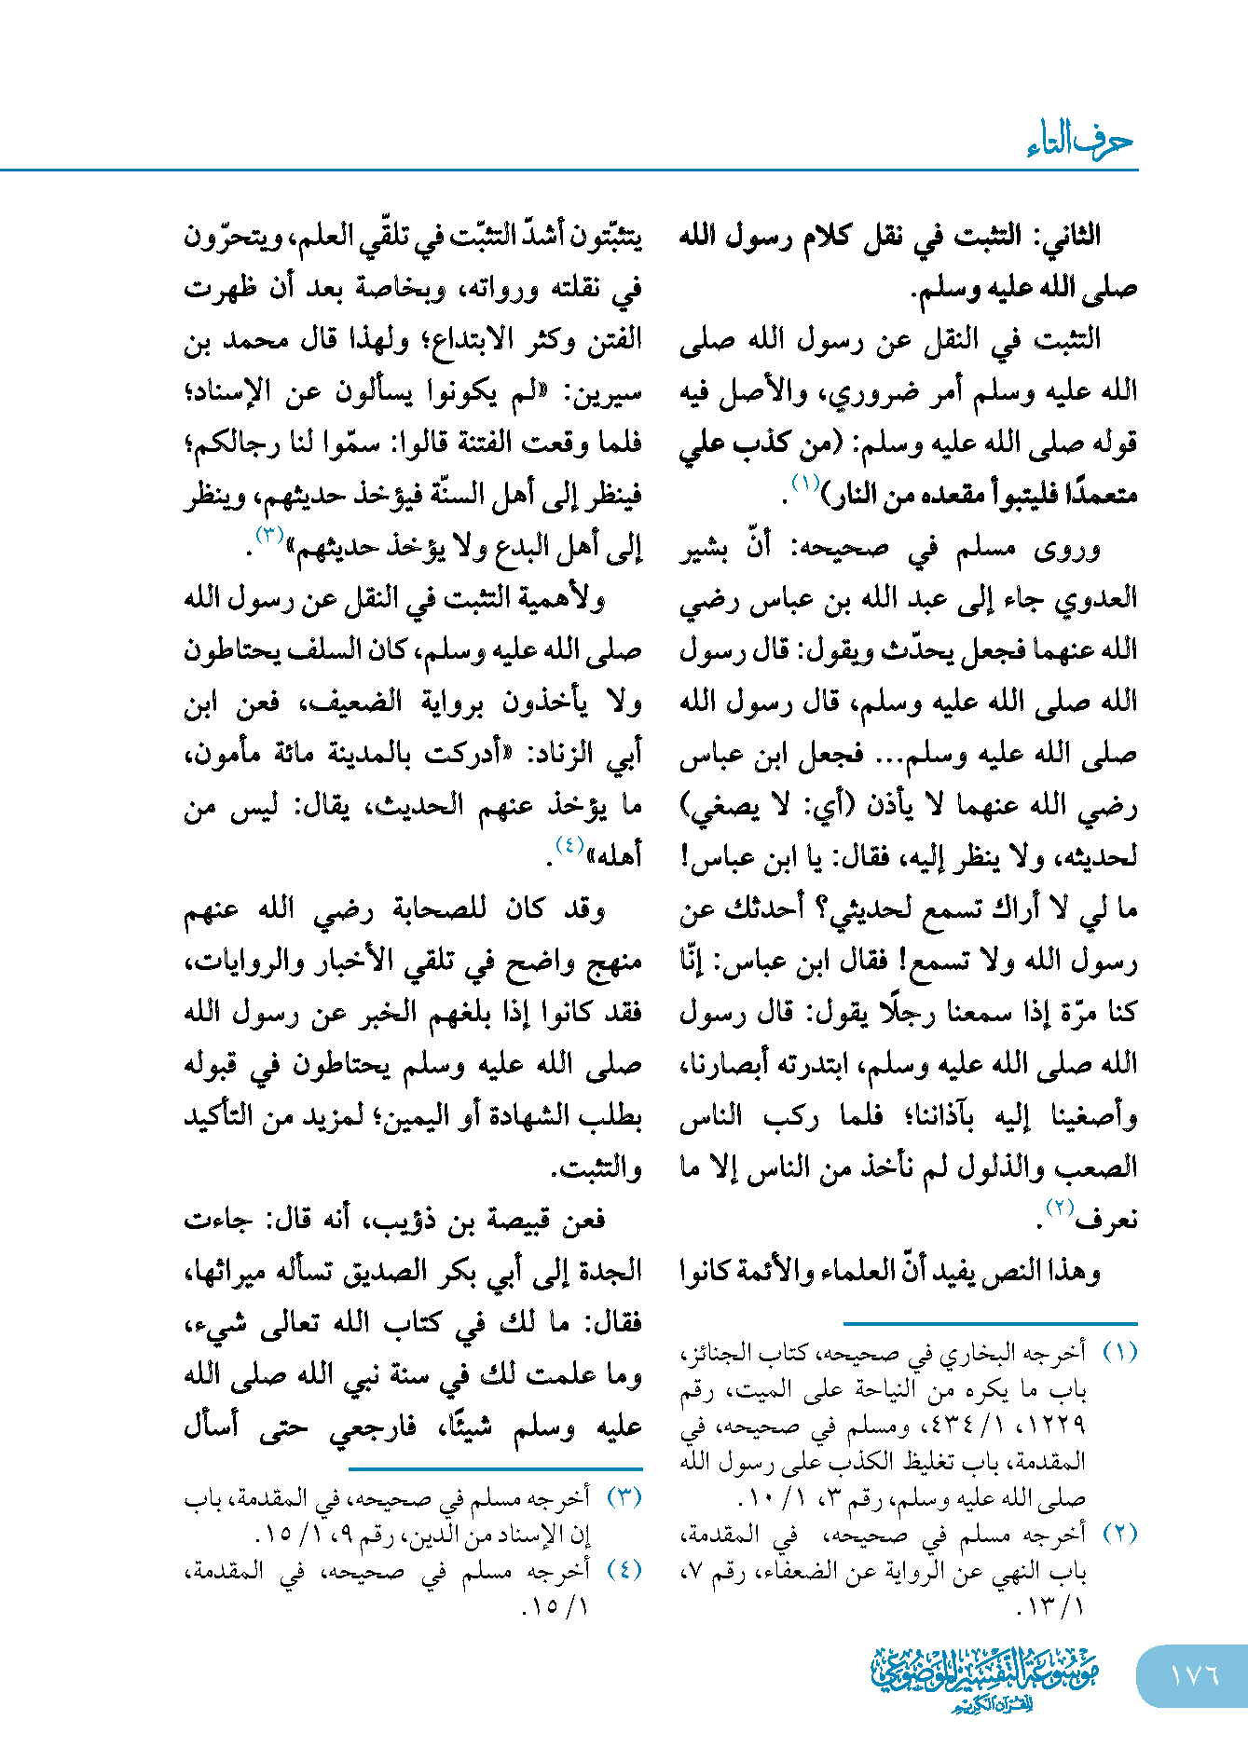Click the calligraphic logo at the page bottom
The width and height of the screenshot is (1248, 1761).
click(985, 1677)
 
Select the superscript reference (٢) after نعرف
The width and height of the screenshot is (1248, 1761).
click(1061, 1208)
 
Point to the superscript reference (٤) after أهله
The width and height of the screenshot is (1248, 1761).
click(569, 845)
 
